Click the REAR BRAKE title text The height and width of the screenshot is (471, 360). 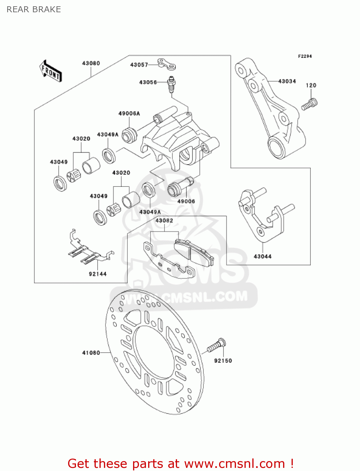[x=34, y=9]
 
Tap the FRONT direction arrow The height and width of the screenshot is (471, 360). [x=51, y=71]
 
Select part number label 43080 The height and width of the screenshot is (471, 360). [x=91, y=63]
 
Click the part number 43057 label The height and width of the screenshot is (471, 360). [x=139, y=65]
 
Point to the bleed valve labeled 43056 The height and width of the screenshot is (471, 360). [x=171, y=84]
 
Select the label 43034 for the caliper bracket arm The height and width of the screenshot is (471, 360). [x=287, y=81]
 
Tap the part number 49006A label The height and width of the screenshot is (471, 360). [x=129, y=113]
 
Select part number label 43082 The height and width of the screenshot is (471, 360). [x=164, y=221]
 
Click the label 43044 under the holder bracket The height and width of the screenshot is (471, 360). [x=262, y=257]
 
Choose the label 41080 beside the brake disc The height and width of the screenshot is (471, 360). [x=91, y=353]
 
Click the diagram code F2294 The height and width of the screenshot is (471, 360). [x=305, y=57]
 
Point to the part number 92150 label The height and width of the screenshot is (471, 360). [x=223, y=361]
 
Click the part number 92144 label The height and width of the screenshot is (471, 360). [x=98, y=274]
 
